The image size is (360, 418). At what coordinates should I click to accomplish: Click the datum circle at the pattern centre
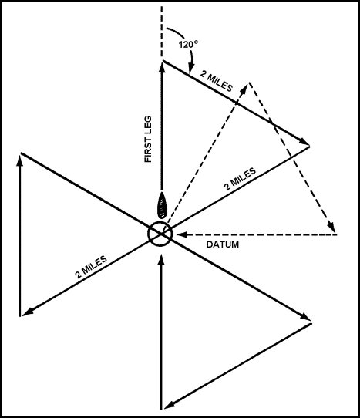(x=160, y=234)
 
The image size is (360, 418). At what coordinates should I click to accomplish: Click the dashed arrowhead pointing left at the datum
(x=174, y=234)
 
